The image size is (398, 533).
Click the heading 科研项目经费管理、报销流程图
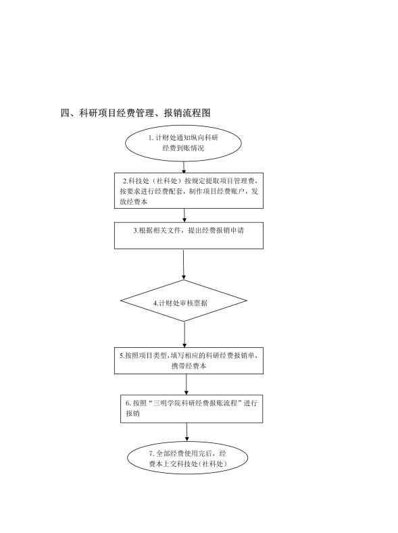pos(145,113)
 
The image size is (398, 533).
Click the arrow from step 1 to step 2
pos(184,167)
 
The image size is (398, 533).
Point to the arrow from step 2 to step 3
pos(184,215)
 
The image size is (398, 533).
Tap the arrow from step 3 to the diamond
pos(184,265)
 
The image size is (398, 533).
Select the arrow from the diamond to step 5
pos(184,334)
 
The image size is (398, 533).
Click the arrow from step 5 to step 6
pos(186,384)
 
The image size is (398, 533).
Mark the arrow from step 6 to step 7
pos(186,432)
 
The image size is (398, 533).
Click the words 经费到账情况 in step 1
pos(183,148)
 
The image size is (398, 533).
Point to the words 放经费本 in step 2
pos(133,201)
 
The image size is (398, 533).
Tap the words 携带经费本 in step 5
pos(189,366)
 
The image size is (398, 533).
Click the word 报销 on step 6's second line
pos(132,413)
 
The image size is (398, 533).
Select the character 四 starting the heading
pos(65,113)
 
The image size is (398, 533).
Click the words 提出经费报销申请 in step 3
pos(216,230)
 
